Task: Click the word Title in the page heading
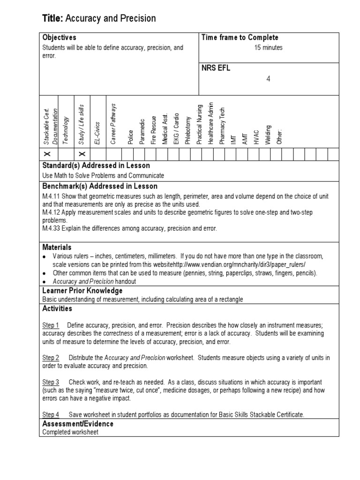[52, 18]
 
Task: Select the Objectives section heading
[59, 37]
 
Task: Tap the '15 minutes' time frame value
[268, 47]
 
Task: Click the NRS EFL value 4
[268, 79]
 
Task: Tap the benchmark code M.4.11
[49, 197]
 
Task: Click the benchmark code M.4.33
[49, 228]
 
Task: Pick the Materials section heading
[57, 247]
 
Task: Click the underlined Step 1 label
[51, 325]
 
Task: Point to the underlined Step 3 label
[51, 382]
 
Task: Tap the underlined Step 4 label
[51, 414]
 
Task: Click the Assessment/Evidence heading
[77, 424]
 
